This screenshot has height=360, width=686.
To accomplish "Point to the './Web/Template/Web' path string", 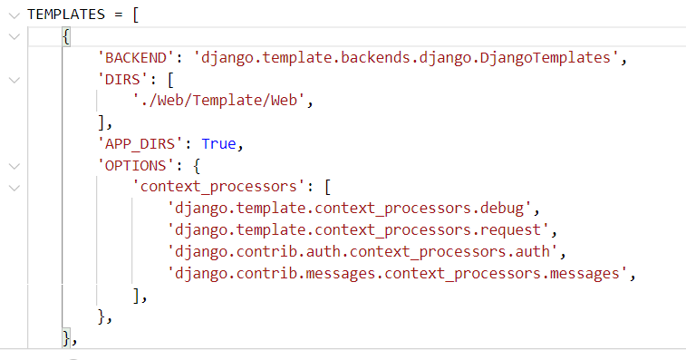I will (x=221, y=101).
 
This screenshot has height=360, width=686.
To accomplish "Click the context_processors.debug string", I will (x=354, y=209).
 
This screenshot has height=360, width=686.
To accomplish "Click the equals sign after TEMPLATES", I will (x=121, y=15).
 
